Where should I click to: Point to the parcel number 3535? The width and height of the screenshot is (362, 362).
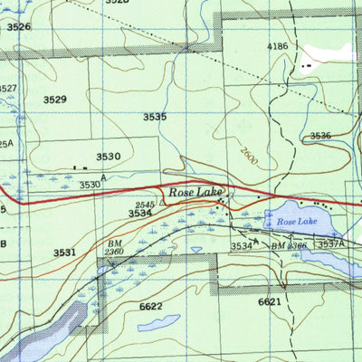(x=155, y=117)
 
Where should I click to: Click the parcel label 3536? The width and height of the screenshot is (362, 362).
(x=320, y=136)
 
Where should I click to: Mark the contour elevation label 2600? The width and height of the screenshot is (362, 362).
(x=249, y=156)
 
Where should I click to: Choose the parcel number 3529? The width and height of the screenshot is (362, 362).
(x=54, y=99)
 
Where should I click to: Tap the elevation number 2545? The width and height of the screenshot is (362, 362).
(x=144, y=205)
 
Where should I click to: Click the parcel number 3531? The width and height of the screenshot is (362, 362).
(x=63, y=252)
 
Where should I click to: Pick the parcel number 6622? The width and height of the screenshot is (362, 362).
(x=151, y=308)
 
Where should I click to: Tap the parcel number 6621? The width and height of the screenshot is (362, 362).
(x=271, y=301)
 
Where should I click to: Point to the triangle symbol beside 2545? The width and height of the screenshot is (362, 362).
(x=162, y=205)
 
